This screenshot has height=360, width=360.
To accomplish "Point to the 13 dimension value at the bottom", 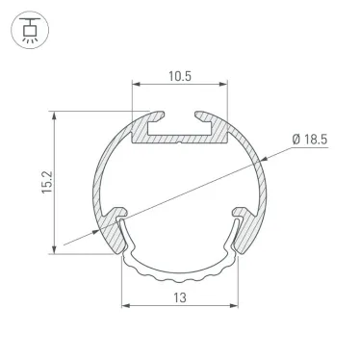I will click(x=180, y=296).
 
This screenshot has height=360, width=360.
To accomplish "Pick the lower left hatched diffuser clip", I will click(x=114, y=220).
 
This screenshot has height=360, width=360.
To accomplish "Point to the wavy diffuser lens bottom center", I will click(x=180, y=275).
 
